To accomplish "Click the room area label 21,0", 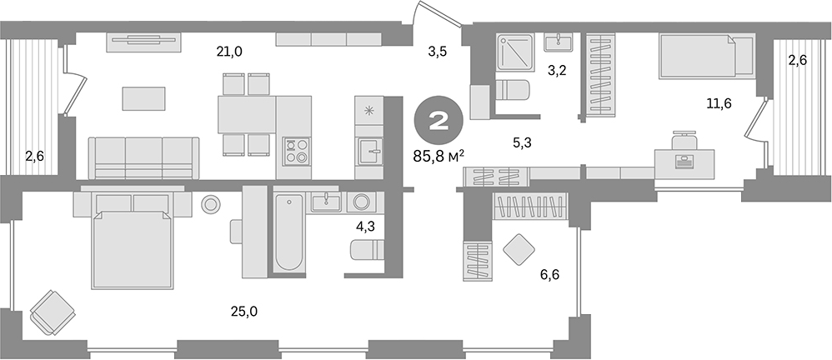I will [229, 52].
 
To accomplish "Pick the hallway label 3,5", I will [438, 52].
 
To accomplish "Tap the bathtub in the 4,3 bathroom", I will [288, 232].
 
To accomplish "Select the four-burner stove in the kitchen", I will [295, 150].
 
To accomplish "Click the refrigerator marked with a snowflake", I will [368, 109].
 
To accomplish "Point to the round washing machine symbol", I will [362, 202].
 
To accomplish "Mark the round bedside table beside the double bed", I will [209, 202].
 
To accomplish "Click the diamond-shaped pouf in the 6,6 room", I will [521, 248].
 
